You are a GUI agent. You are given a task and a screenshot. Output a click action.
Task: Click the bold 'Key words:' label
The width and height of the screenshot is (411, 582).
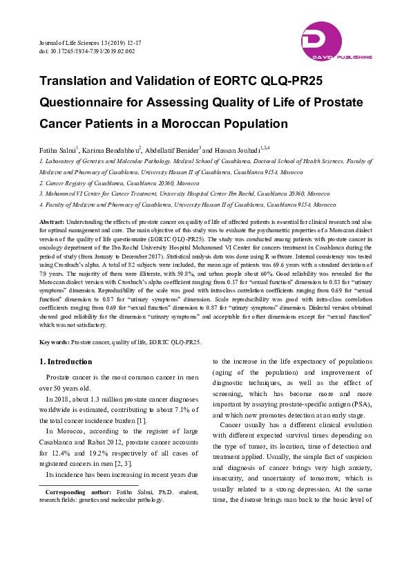pyautogui.click(x=54, y=341)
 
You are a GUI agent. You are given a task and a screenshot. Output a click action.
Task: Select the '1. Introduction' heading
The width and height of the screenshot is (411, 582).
pyautogui.click(x=66, y=362)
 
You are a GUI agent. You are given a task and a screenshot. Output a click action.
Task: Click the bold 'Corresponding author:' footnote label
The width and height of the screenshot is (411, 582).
pyautogui.click(x=81, y=491)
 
